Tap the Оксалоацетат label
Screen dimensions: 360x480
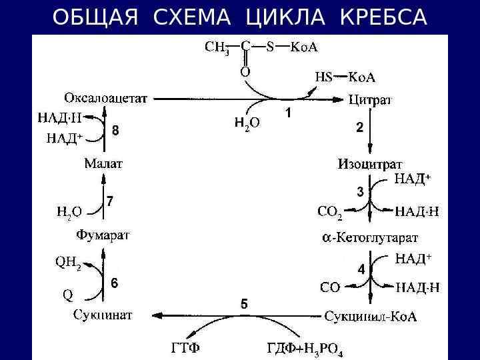point(106,99)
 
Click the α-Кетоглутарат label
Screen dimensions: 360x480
point(370,237)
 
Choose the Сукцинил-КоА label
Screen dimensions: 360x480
point(371,316)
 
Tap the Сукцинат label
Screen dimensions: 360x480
point(103,315)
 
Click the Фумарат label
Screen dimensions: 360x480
point(103,235)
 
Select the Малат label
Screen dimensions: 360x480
point(103,163)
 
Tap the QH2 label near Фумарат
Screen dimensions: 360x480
point(67,263)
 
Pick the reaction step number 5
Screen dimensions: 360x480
point(244,304)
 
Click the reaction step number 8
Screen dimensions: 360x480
point(115,131)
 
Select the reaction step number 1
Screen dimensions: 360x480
point(288,113)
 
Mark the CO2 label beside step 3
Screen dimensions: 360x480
point(330,213)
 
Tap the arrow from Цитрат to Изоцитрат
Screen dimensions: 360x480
point(371,133)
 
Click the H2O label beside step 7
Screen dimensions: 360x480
point(69,212)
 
